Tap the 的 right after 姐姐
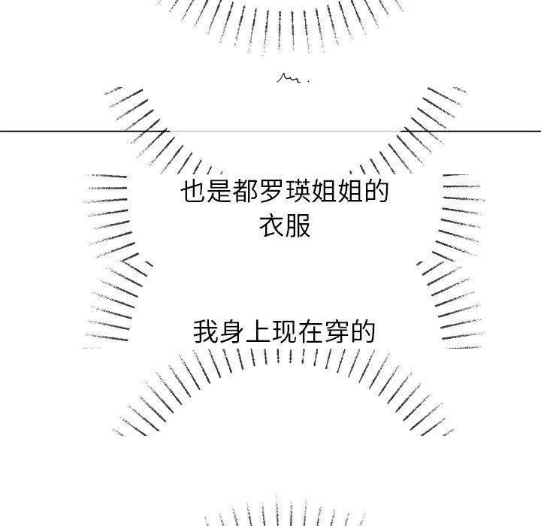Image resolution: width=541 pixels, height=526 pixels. [x=376, y=191]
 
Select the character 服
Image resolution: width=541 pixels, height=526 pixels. [x=298, y=226]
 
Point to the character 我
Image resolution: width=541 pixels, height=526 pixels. [x=206, y=331]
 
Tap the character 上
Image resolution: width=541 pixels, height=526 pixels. [x=258, y=331]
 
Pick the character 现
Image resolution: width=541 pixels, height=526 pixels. [x=284, y=331]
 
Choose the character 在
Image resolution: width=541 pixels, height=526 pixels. [x=310, y=331]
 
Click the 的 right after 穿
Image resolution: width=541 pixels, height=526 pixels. [x=363, y=331]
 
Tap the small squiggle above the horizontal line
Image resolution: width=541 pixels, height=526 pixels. [x=289, y=78]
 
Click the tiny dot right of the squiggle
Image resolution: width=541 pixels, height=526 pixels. [x=308, y=81]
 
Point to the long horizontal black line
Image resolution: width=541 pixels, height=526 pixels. [x=270, y=131]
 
